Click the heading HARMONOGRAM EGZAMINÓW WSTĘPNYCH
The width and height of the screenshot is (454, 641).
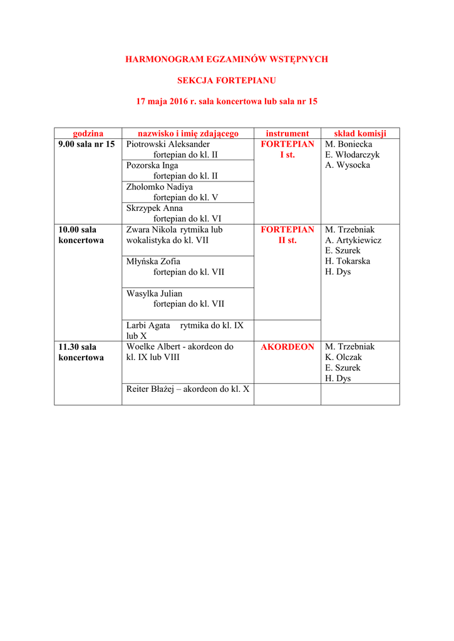point(227,59)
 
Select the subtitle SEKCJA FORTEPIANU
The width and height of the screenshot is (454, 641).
point(227,81)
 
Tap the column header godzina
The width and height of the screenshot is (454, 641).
point(88,133)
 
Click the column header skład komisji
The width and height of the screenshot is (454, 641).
point(360,133)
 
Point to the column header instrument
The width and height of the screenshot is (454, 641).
point(287,133)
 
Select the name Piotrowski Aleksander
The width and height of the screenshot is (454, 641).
point(168,144)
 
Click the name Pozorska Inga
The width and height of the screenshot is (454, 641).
point(152,166)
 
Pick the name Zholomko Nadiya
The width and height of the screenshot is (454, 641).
point(160,187)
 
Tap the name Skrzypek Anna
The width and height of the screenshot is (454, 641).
point(155,208)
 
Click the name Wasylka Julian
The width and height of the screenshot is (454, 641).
point(154,294)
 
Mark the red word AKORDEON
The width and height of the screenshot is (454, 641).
point(287,347)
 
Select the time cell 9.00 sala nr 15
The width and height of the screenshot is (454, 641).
point(86,144)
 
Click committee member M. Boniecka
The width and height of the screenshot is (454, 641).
point(349,144)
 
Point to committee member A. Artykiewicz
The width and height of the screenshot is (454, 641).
point(353,240)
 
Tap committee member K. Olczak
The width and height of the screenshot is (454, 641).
point(344,357)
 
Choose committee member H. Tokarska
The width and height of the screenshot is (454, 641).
point(348,262)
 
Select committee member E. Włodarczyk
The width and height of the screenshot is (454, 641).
point(353,155)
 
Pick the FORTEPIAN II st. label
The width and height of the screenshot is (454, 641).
point(287,235)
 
